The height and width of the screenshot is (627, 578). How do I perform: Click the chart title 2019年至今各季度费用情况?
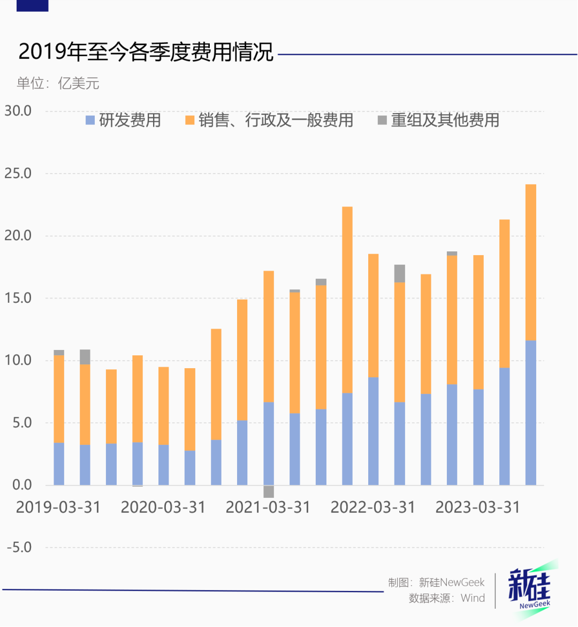tap(146, 53)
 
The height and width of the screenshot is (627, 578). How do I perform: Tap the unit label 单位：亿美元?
tap(58, 84)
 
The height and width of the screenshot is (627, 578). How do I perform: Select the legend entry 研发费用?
tap(123, 120)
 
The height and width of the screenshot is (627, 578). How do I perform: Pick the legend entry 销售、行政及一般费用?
tap(269, 120)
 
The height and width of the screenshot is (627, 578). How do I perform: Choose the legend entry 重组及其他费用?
tap(438, 120)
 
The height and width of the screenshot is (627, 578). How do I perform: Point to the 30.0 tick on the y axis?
tap(18, 111)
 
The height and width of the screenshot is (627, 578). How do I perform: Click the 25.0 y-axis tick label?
tap(18, 174)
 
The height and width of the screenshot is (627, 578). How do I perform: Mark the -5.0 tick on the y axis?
tap(19, 548)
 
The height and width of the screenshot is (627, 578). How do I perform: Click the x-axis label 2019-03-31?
tap(58, 507)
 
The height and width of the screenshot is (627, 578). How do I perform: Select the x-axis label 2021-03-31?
tap(268, 507)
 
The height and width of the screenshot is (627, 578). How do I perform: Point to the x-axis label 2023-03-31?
tap(477, 507)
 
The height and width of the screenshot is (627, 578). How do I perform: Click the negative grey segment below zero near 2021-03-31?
tap(269, 491)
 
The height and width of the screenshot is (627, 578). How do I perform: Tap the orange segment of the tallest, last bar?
tap(530, 263)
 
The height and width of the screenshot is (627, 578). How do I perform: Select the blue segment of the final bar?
tap(530, 413)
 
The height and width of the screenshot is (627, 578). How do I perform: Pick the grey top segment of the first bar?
tap(59, 353)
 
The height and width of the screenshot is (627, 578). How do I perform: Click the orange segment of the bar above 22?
tap(347, 300)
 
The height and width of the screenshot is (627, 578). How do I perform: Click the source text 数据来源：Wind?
tap(447, 598)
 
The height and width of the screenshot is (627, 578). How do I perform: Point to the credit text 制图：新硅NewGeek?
tap(436, 583)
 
